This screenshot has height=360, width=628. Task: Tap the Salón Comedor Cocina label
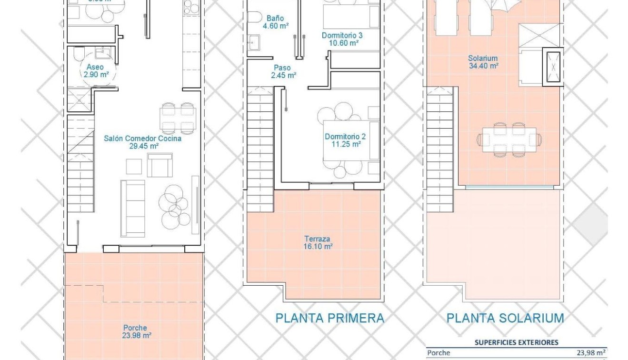(x=143, y=142)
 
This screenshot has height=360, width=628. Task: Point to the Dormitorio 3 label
(x=342, y=39)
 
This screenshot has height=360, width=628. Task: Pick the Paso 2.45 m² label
(x=283, y=71)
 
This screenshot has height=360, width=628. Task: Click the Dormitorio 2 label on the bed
(x=345, y=140)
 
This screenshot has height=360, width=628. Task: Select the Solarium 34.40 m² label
(x=483, y=62)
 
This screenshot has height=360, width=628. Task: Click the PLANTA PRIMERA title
(x=329, y=318)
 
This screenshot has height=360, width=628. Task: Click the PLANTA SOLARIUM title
(x=505, y=318)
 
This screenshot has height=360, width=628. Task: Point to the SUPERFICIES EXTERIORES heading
(x=516, y=342)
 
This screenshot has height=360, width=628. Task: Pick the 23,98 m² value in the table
(x=591, y=353)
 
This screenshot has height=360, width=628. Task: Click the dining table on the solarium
(x=509, y=140)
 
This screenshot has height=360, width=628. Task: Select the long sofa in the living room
(x=132, y=208)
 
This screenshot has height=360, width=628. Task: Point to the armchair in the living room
(x=159, y=165)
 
